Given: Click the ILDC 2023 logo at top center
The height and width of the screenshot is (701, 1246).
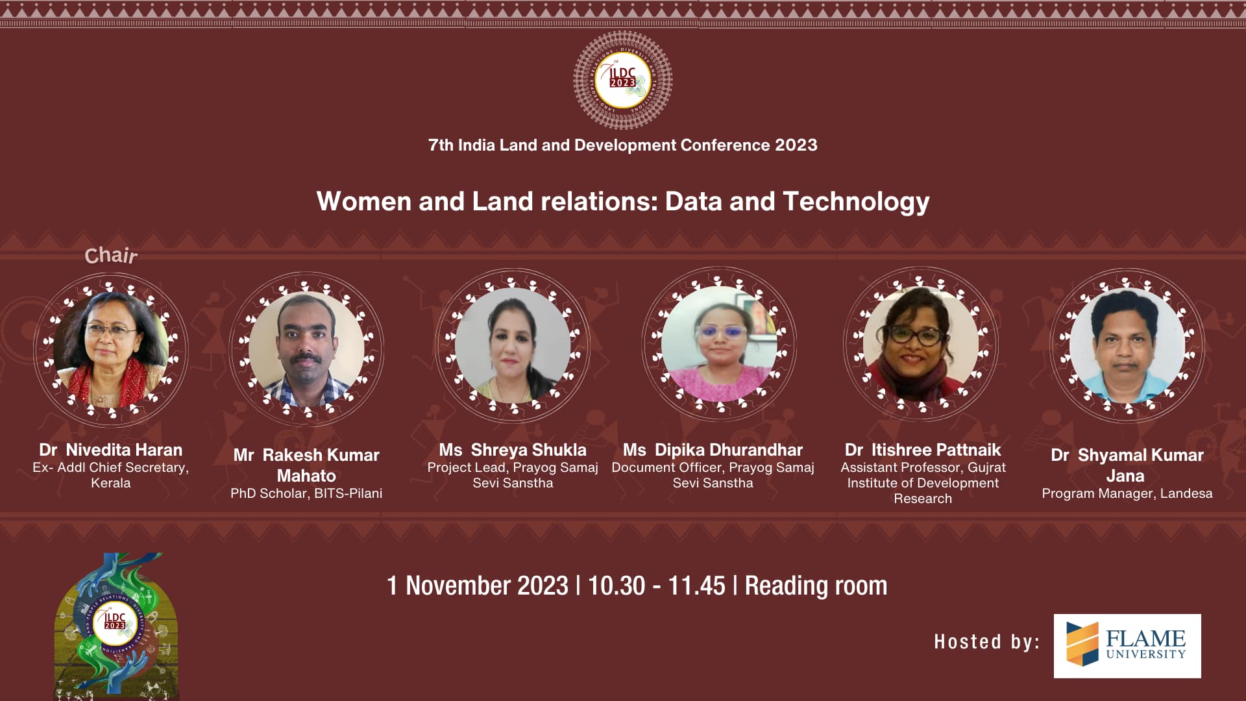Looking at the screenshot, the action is coord(623,80).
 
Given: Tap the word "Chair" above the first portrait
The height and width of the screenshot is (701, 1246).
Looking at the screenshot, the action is coord(111,256).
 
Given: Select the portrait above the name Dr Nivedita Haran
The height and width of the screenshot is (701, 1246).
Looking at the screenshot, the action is coord(111,350).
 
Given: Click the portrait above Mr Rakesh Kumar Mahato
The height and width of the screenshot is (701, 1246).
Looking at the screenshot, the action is coord(306,349).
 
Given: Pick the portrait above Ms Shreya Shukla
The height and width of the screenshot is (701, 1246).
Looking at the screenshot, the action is coord(513,345).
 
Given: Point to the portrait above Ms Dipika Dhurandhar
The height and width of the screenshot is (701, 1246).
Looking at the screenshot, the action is coord(719,344).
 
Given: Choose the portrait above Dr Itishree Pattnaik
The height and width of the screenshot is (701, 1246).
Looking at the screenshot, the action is coord(921,344).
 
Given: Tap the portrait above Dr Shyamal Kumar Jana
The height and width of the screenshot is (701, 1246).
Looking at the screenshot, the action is coord(1127,345).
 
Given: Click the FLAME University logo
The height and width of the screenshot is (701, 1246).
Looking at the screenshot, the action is coord(1127,646).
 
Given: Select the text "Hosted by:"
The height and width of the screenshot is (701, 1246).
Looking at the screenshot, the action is coord(986,642).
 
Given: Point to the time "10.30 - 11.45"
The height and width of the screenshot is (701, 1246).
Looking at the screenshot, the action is coord(656,585).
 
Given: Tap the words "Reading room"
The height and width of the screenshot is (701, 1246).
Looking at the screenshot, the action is coord(816,586).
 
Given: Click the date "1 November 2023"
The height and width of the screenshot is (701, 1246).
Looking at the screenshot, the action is coord(478,585).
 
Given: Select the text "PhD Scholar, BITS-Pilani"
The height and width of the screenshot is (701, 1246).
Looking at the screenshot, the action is coord(306,493).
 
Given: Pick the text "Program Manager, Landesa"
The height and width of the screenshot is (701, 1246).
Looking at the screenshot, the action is coord(1127,493).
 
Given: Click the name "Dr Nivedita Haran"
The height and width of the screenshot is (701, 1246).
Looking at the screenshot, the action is coord(111,450).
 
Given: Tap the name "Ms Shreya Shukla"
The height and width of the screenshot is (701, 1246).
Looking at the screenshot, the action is coord(513,450).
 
